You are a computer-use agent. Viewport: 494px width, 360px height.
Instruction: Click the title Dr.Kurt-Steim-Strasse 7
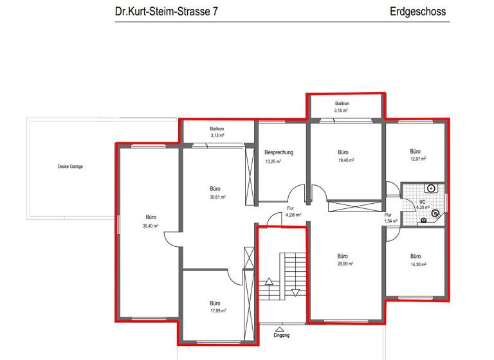tap(165, 12)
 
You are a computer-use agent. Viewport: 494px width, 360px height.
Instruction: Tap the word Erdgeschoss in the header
tap(417, 12)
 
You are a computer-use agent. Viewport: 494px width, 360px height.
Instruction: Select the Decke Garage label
tap(70, 166)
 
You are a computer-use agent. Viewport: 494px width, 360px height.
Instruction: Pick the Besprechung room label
tap(279, 152)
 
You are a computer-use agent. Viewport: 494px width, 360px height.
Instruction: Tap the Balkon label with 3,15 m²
tap(342, 104)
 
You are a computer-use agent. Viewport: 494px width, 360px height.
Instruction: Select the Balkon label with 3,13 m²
tap(217, 129)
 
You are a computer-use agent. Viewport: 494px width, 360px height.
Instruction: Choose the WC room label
tap(423, 201)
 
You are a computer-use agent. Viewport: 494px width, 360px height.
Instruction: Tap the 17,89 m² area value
tap(215, 310)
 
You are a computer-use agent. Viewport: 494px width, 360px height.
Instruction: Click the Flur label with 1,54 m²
tap(388, 215)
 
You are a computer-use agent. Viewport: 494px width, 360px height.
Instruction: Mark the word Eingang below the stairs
tap(282, 336)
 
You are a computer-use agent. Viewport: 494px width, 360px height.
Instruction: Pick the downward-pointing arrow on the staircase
tap(295, 292)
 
